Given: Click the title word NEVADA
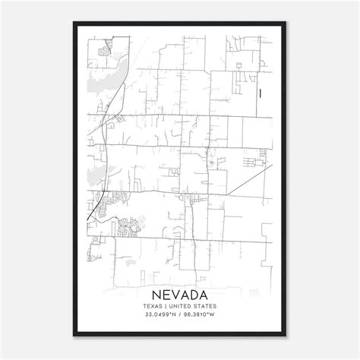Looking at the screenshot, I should point(180,293).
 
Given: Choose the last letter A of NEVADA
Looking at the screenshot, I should point(207,293).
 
